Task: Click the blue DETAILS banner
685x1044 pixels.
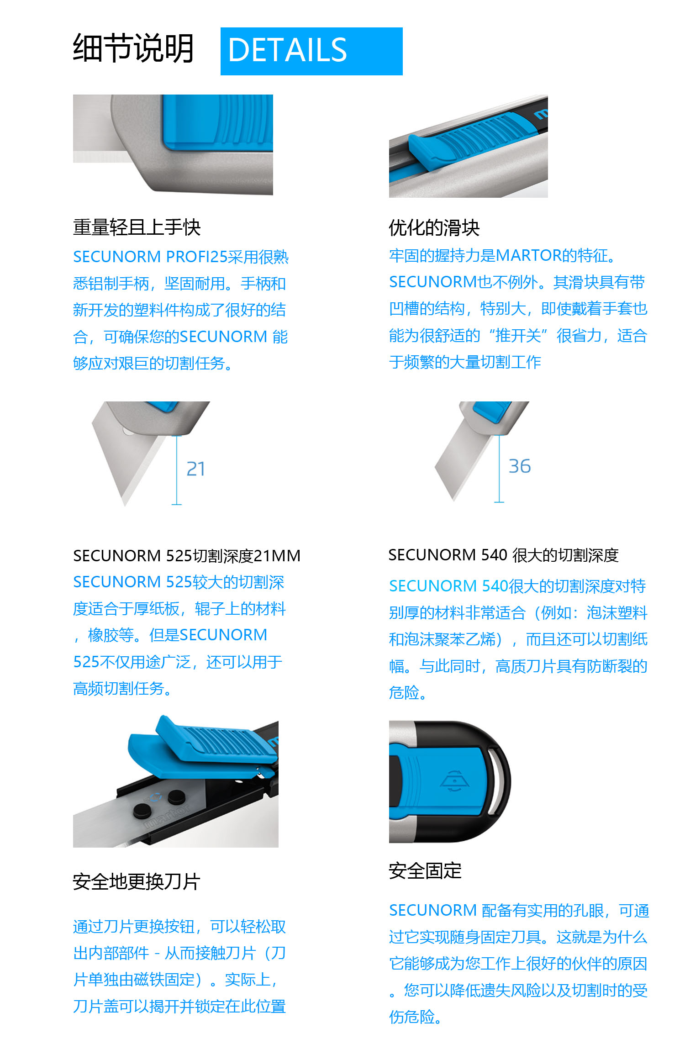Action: click(x=311, y=51)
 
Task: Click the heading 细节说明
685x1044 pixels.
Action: click(x=133, y=48)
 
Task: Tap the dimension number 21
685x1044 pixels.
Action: click(x=196, y=469)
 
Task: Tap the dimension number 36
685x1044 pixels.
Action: click(x=520, y=466)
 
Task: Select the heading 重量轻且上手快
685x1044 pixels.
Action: click(x=137, y=227)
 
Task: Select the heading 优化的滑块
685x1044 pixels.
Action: click(x=434, y=227)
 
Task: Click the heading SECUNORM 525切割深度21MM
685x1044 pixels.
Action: click(x=187, y=556)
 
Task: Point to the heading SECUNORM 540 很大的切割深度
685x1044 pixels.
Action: click(x=503, y=555)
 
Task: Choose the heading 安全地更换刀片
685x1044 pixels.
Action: click(x=137, y=882)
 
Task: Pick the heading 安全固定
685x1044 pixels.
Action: click(x=425, y=871)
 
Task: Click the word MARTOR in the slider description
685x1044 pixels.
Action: click(x=529, y=255)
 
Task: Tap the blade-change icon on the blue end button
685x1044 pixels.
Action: click(x=454, y=781)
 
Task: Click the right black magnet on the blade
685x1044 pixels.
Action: click(x=175, y=797)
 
